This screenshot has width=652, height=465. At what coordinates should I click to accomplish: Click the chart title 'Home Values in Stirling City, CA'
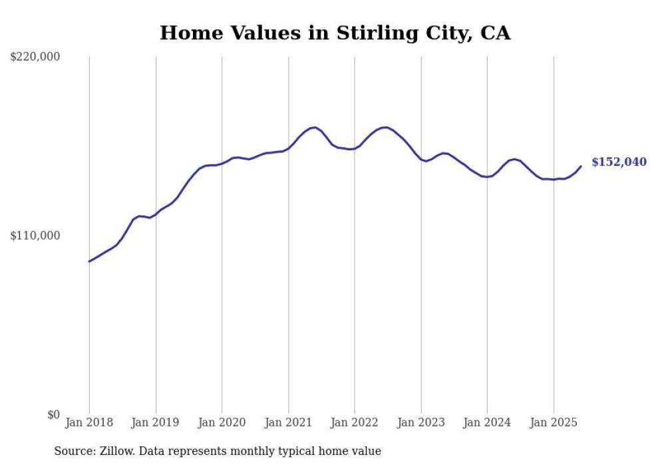(335, 33)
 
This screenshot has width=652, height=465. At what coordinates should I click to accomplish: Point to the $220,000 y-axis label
(35, 57)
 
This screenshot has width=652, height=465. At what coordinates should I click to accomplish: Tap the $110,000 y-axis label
(35, 235)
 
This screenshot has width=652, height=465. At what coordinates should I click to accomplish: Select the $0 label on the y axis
(53, 414)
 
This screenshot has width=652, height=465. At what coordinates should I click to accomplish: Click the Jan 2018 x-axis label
(89, 422)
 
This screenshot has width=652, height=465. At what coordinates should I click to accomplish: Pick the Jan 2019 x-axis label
(156, 422)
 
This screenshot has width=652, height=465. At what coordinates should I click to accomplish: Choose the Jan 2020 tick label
(222, 422)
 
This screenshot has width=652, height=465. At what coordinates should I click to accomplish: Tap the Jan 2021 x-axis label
(288, 422)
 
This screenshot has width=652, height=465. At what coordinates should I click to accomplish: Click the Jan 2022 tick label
(355, 422)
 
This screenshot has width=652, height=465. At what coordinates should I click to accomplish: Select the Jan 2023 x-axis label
(421, 422)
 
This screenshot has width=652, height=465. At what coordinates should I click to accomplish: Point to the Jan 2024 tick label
(487, 422)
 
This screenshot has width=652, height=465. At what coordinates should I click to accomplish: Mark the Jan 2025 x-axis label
(554, 422)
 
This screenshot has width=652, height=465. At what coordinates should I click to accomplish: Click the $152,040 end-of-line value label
(619, 162)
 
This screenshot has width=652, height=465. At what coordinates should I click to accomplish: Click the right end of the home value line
(581, 166)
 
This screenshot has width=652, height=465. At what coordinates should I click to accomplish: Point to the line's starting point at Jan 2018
(89, 261)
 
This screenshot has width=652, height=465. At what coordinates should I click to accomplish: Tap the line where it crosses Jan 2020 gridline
(222, 162)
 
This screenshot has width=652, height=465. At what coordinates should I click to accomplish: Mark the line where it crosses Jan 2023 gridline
(421, 159)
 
